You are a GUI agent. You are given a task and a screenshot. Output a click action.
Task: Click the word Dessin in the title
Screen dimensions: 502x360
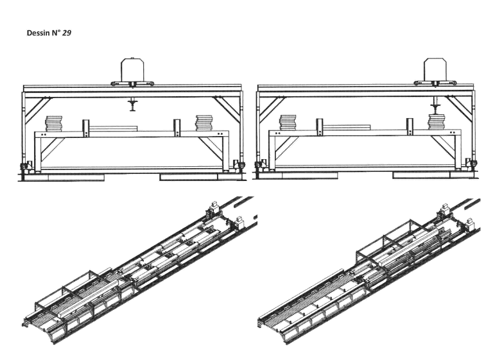point(39,33)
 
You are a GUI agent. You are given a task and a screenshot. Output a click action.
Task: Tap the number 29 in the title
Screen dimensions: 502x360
point(67,33)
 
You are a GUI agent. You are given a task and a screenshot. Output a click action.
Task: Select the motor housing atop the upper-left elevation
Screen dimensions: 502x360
point(132,69)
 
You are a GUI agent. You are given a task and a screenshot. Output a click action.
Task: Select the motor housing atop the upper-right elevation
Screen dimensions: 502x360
point(435,70)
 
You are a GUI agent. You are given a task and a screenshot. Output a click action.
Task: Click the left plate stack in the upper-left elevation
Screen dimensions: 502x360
point(53,124)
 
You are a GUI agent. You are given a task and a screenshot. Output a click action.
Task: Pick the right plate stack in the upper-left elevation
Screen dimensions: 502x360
point(203,123)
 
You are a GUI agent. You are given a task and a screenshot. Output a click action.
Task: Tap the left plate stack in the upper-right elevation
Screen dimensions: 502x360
point(288,123)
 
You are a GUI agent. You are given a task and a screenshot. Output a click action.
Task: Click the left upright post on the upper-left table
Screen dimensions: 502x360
point(86,128)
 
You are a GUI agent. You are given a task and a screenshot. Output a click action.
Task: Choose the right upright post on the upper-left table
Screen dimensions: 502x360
point(177,128)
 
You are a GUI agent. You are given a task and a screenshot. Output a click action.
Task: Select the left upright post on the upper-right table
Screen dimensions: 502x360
point(320,127)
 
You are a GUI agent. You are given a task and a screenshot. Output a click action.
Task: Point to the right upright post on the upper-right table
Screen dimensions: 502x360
point(410,127)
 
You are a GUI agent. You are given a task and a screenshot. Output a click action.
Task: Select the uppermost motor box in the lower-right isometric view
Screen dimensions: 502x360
point(445,209)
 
